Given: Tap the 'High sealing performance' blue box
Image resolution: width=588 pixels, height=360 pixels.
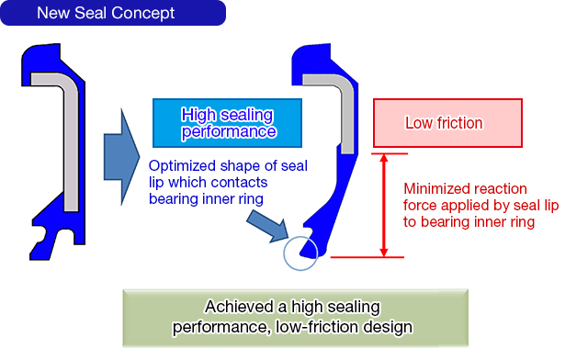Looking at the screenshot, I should point(229,123).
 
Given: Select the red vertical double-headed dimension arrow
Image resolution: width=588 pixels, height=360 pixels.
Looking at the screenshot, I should point(384,205).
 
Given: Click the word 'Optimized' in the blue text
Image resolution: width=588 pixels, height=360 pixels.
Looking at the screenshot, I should point(180,166).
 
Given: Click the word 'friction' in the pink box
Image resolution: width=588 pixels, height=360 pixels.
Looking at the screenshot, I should point(460,123).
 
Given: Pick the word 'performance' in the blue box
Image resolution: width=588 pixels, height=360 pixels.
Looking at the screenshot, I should point(229,131).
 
